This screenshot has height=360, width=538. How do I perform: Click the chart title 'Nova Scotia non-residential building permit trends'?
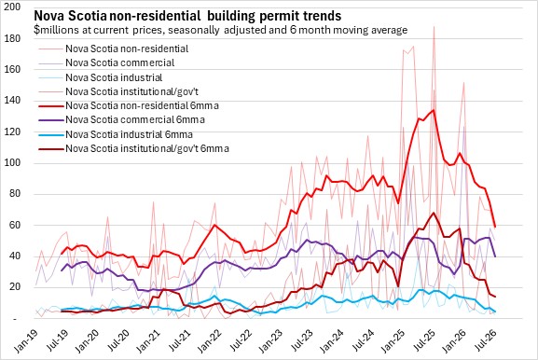[x=187, y=16]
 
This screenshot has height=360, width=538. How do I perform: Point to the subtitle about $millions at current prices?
[x=221, y=30]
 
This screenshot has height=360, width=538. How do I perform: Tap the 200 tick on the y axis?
[x=12, y=7]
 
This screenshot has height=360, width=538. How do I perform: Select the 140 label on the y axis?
[x=12, y=100]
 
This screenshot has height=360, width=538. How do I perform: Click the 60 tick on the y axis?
[x=15, y=225]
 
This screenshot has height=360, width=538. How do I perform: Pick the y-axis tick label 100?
[x=12, y=162]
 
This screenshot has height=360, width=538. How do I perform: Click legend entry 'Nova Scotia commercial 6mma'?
[x=121, y=119]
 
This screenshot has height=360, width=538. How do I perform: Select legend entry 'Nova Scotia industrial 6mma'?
[x=116, y=134]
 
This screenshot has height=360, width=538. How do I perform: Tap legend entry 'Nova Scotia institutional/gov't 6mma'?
[x=134, y=149]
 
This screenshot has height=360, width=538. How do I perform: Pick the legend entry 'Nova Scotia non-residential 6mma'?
[x=129, y=105]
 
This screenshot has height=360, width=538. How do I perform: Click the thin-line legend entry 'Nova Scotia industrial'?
[x=100, y=77]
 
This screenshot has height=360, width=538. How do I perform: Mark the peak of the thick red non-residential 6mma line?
[x=434, y=110]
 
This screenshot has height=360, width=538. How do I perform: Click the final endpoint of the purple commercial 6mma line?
[x=495, y=256]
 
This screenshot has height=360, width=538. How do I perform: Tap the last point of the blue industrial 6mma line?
[x=495, y=312]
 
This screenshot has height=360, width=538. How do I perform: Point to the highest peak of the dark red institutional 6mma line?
[x=434, y=213]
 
